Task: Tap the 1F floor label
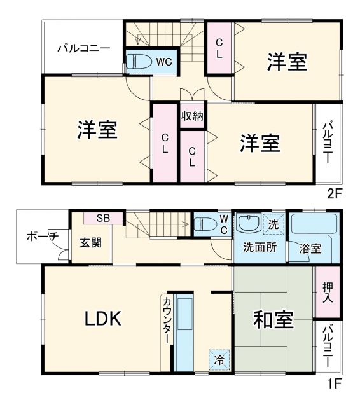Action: (335, 383)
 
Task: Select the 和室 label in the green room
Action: (273, 320)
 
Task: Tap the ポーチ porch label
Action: (42, 237)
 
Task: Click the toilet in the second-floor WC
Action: (139, 62)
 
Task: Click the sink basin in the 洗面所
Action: (246, 224)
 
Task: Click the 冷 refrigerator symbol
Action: (219, 359)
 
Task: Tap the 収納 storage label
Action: (192, 116)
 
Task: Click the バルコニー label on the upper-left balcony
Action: (83, 48)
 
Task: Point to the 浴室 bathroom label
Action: (310, 249)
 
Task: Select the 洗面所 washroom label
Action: (260, 248)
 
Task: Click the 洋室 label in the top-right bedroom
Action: (287, 62)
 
